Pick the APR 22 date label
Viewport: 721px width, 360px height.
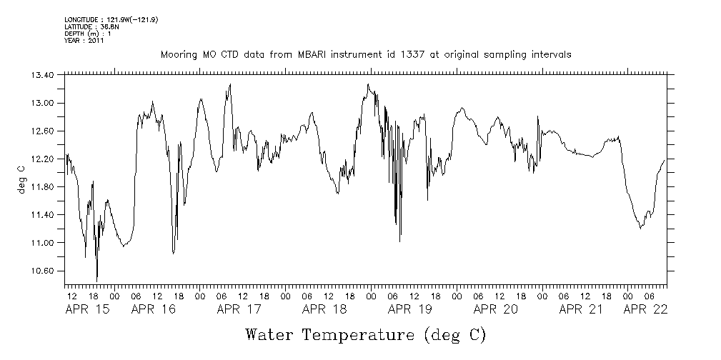(645, 309)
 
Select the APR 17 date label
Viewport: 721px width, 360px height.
(239, 309)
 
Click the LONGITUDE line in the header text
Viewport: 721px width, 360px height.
(111, 19)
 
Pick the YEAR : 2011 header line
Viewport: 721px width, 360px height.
(85, 40)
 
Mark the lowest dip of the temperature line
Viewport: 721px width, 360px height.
(96, 281)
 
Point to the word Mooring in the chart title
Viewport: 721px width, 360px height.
(179, 55)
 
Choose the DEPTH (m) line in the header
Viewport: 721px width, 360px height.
(87, 33)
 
